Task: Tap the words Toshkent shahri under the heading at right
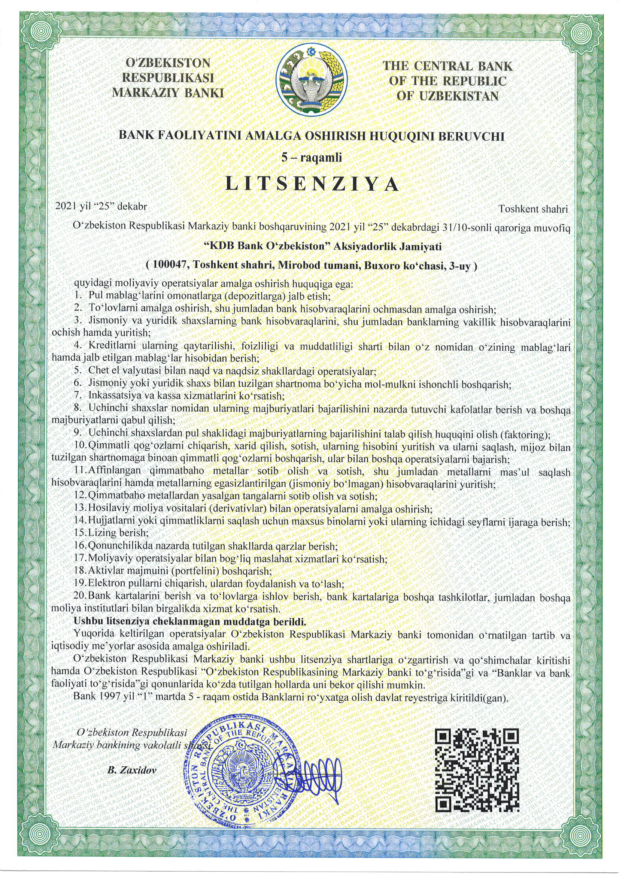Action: [534, 209]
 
